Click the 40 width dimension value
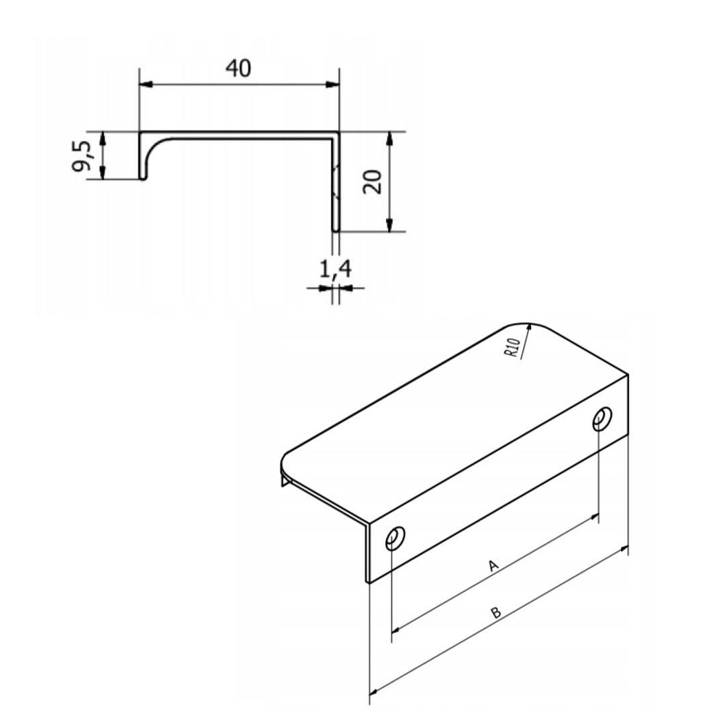point(239,68)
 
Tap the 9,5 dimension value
point(84,156)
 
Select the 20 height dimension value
point(373,181)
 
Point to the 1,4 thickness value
point(334,270)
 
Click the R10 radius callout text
point(513,347)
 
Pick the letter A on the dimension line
point(493,566)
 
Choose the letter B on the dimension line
point(495,612)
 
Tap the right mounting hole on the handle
point(601,419)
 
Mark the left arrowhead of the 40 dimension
point(145,85)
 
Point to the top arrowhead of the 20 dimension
point(389,138)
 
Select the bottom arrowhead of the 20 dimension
point(389,226)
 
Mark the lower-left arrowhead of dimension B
point(376,689)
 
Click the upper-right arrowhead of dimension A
point(593,517)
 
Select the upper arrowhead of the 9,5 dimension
point(102,138)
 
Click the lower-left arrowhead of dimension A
point(397,630)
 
